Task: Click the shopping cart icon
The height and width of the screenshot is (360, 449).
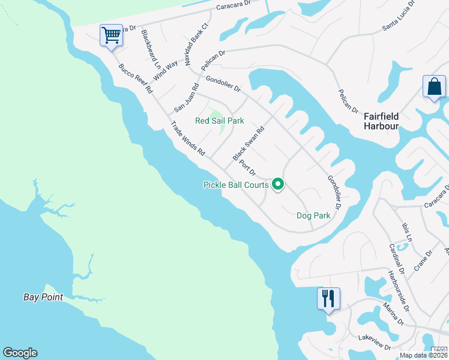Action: click(112, 36)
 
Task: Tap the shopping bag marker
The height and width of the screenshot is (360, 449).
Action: click(434, 87)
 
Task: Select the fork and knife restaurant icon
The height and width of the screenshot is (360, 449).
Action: click(328, 298)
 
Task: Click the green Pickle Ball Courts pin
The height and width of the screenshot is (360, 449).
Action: click(277, 185)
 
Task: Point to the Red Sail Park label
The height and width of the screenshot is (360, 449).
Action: click(220, 121)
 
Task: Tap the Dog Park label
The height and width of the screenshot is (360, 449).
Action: click(313, 215)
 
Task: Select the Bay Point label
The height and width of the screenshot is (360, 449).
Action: click(43, 297)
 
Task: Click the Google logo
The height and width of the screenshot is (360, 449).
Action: click(20, 353)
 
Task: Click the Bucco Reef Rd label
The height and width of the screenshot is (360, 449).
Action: click(136, 79)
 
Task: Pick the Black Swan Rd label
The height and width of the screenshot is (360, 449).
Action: click(249, 143)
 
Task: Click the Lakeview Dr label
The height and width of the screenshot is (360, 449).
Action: click(374, 347)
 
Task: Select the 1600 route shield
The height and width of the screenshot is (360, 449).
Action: click(439, 351)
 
